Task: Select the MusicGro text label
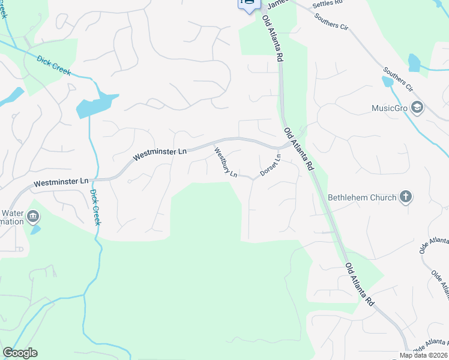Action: pos(390,109)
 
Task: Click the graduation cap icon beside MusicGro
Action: pos(418,108)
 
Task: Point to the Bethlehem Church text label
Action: pos(362,197)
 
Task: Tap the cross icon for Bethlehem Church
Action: pos(406,197)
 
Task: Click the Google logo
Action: pos(20,353)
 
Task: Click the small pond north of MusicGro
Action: pos(414,62)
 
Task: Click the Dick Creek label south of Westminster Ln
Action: pos(95,207)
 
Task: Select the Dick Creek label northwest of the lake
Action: pos(53,65)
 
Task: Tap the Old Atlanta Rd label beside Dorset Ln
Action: pos(299,148)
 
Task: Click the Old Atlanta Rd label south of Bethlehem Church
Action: pos(360,285)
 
